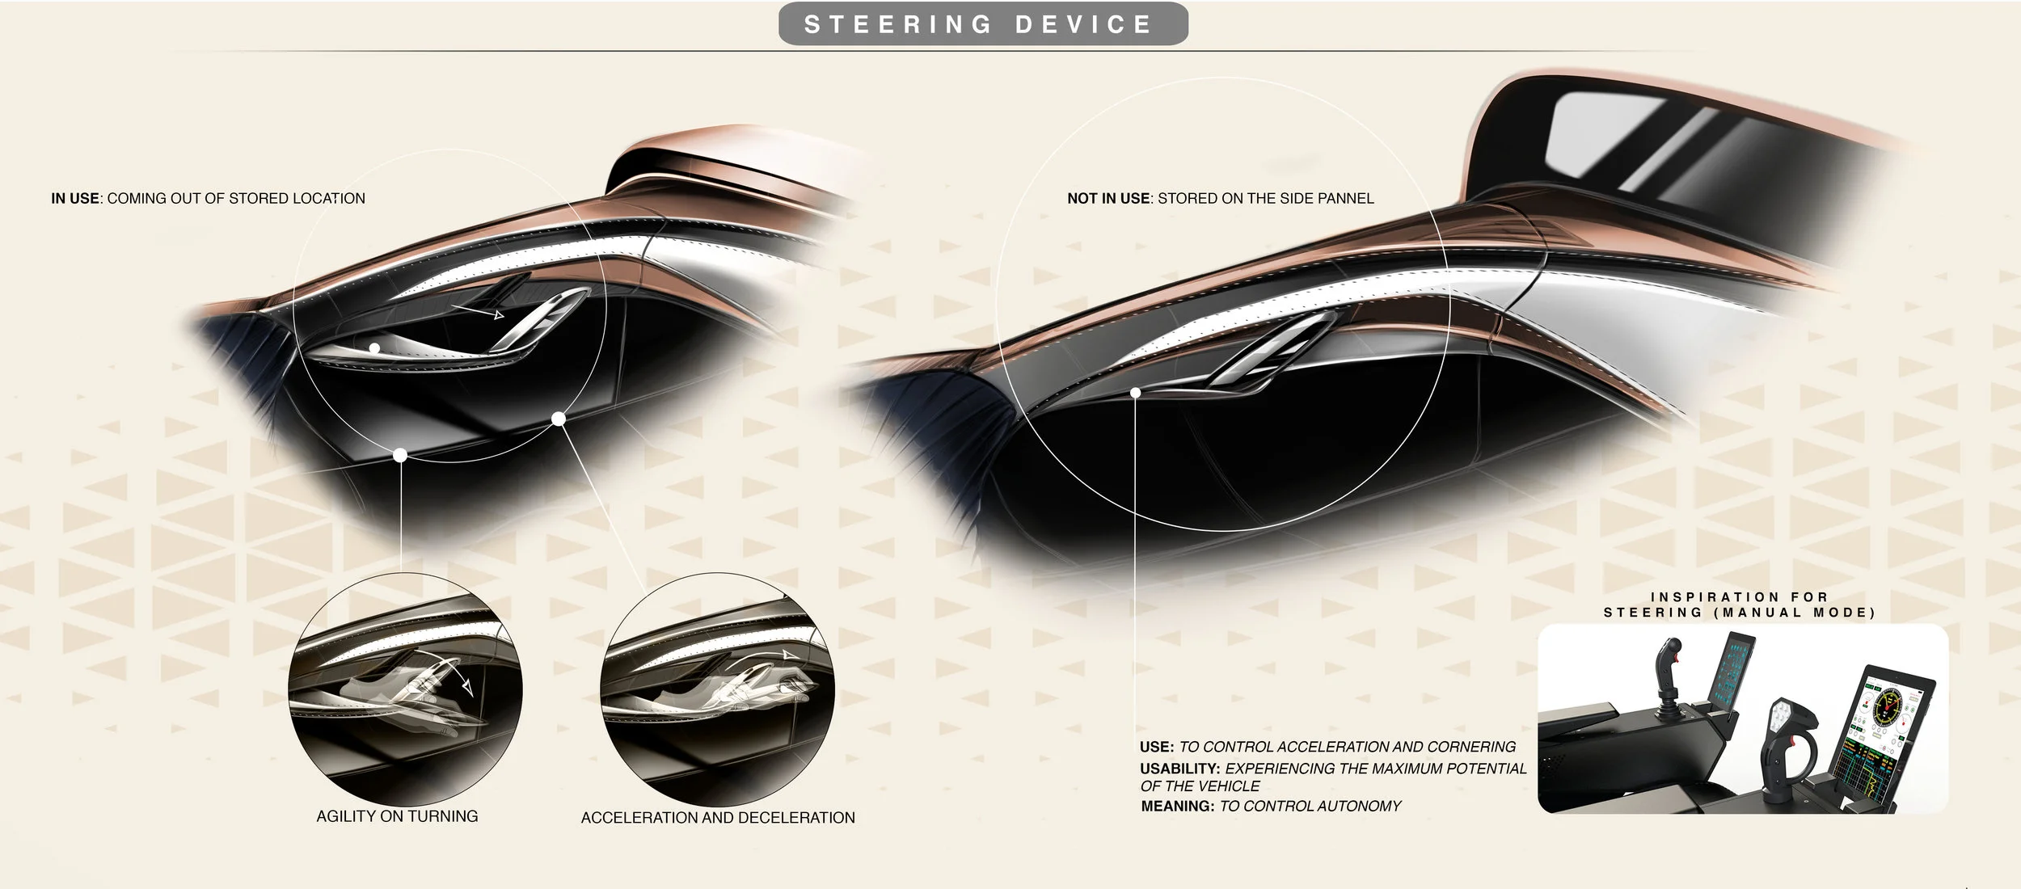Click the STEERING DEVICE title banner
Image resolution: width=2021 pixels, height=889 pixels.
click(983, 24)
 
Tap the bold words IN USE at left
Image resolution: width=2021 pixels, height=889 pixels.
click(74, 199)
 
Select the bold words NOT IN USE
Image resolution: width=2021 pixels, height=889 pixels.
click(1108, 199)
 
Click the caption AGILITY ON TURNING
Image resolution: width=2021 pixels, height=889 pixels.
click(397, 816)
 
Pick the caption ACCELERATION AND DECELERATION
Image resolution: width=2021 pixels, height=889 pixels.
click(718, 818)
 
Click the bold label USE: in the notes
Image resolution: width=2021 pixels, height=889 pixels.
click(1157, 747)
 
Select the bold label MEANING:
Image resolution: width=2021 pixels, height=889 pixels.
click(1178, 806)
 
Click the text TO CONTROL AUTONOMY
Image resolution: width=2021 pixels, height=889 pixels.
click(1310, 806)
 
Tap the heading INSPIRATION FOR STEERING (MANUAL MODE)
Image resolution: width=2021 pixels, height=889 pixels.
click(1740, 605)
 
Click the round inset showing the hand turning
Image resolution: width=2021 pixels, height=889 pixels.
click(406, 689)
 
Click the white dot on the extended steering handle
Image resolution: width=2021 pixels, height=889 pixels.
click(375, 348)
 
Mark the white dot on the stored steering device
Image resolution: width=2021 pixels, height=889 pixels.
click(1136, 392)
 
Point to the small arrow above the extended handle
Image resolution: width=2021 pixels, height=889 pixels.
click(478, 311)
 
